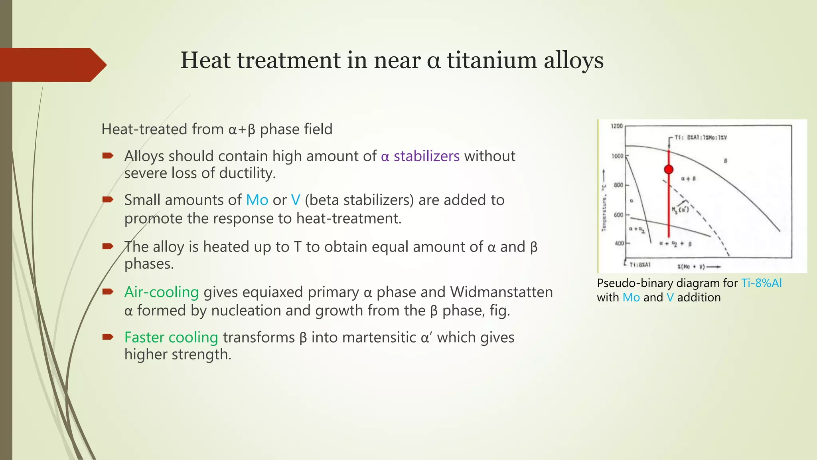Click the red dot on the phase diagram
click(669, 169)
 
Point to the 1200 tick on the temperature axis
click(617, 126)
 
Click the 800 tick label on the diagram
click(618, 185)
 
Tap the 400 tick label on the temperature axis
click(619, 243)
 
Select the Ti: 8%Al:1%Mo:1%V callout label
click(701, 138)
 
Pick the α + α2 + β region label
click(675, 244)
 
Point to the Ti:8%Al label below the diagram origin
click(640, 265)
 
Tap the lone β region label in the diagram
click(725, 161)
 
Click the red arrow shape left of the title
click(52, 65)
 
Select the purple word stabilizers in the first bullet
click(426, 156)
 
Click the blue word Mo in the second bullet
click(257, 200)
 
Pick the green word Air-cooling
click(161, 292)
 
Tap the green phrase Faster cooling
click(171, 337)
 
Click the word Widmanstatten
click(501, 292)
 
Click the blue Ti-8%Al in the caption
click(761, 283)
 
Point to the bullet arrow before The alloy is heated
click(108, 246)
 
